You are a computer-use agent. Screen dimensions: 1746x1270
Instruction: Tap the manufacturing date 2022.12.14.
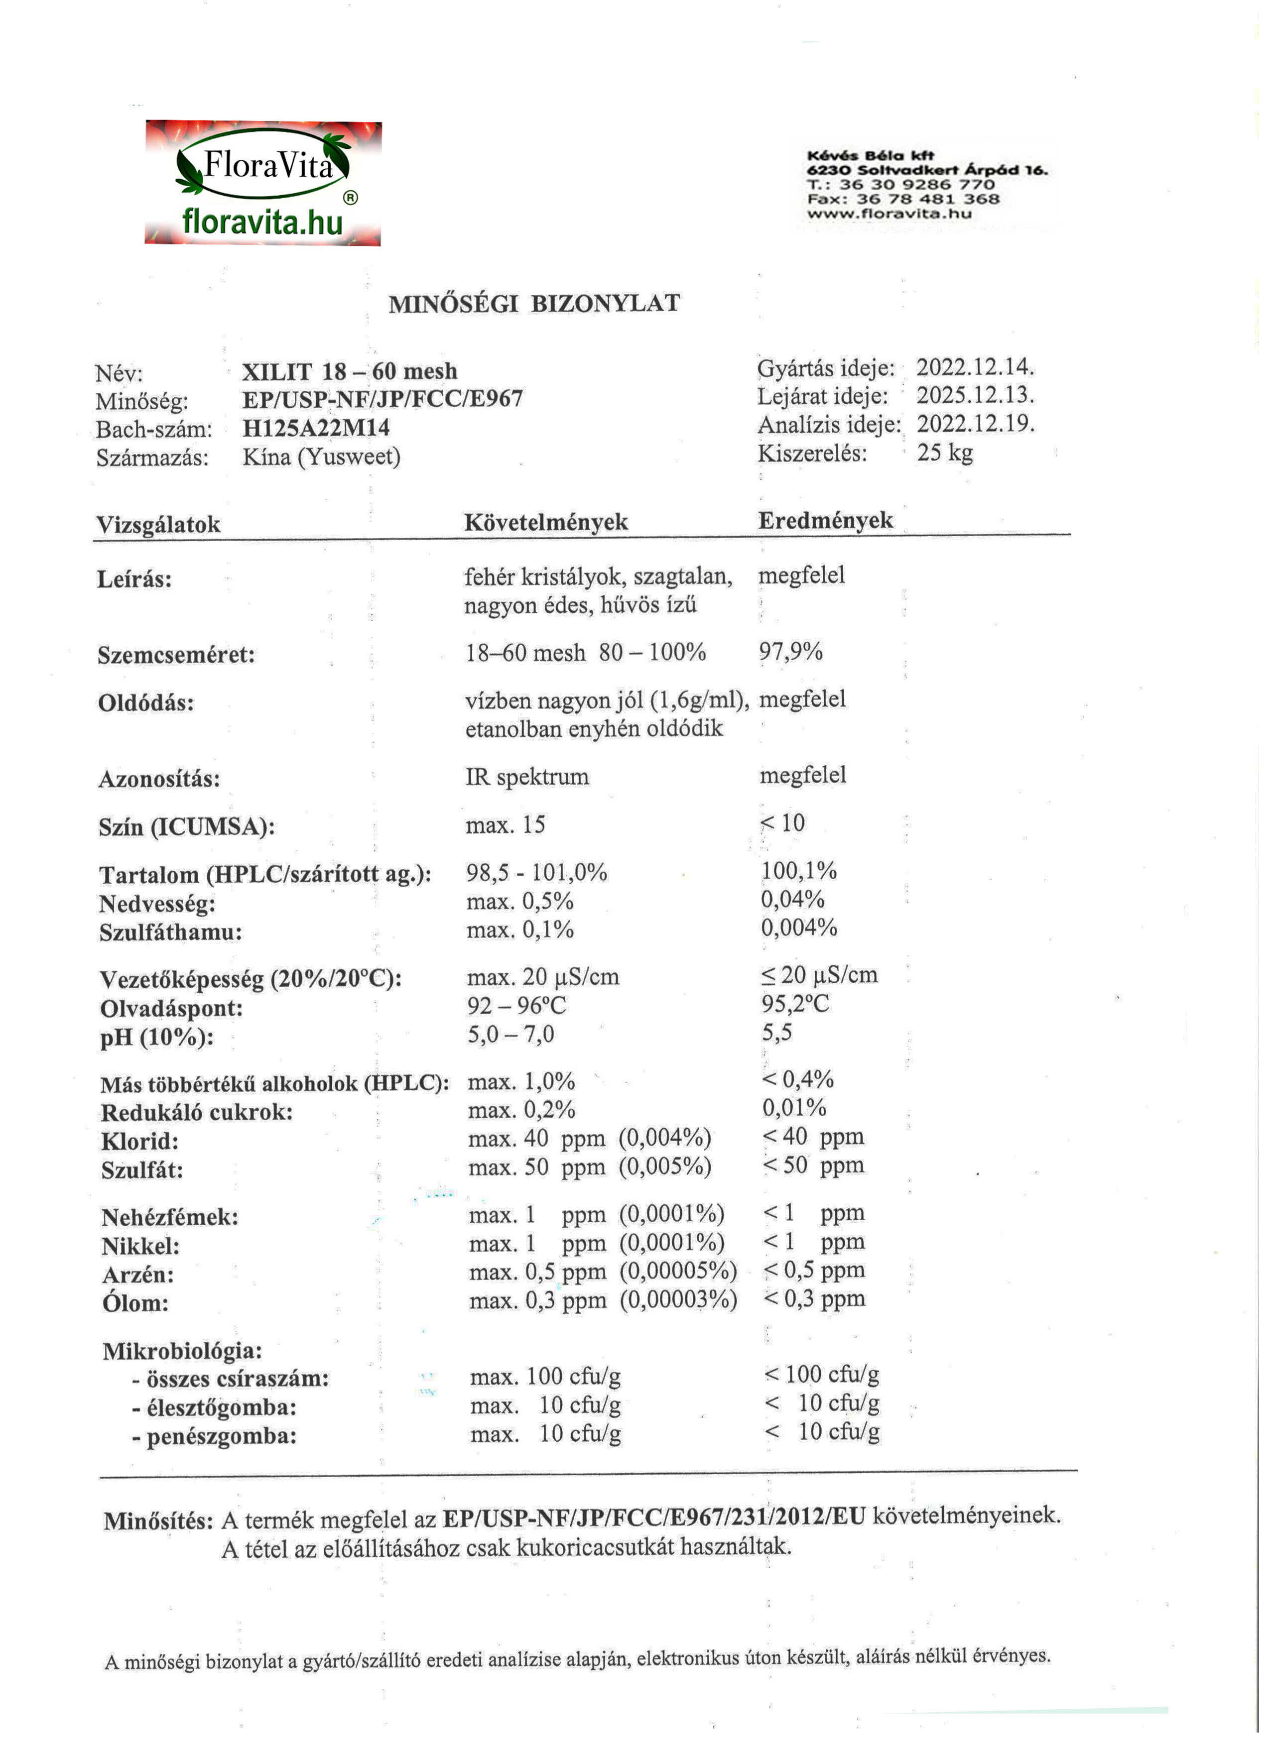[974, 367]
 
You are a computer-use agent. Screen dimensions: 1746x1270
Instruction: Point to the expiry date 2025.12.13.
[974, 396]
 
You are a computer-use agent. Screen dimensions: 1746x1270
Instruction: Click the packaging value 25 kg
[944, 453]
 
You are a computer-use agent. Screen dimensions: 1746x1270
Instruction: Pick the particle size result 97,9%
[791, 652]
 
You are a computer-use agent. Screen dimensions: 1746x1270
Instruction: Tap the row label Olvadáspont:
[171, 1009]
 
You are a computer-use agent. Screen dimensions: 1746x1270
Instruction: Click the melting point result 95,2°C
[795, 1004]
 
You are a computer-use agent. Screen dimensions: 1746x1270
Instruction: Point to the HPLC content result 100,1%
[799, 871]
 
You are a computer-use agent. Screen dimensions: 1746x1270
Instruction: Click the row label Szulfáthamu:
[170, 932]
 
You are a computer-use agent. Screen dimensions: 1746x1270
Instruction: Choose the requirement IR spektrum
[527, 777]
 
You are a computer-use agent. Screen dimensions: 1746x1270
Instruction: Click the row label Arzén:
[138, 1275]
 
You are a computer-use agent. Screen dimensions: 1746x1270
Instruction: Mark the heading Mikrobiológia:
[182, 1351]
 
